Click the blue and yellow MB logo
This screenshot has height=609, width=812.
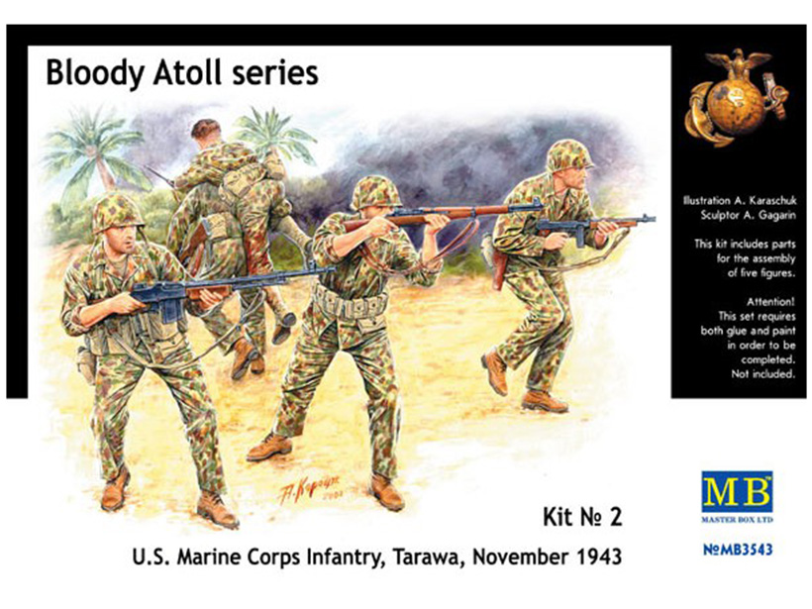737,492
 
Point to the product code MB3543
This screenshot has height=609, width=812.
738,549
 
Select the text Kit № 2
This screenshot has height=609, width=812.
582,517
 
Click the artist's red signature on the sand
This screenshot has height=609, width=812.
311,489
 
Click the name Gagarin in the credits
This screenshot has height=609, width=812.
776,216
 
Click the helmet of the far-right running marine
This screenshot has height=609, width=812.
568,155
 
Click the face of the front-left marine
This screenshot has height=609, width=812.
124,241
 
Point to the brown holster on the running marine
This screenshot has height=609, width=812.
498,270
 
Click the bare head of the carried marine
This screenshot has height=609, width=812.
206,130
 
